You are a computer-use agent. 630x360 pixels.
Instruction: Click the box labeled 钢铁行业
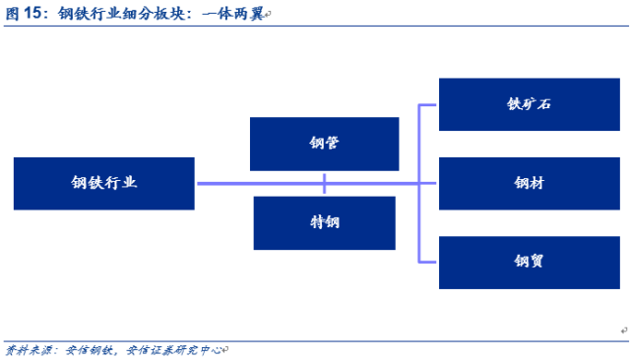(104, 183)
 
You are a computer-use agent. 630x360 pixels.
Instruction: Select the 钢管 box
(324, 144)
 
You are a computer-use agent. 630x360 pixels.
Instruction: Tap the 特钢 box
(324, 223)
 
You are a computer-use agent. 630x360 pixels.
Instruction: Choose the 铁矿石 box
(530, 104)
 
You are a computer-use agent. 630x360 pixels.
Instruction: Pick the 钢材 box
(530, 183)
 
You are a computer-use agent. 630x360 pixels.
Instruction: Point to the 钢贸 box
(530, 263)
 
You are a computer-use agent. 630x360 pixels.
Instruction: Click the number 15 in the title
(32, 13)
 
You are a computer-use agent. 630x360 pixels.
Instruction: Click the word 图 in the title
(12, 13)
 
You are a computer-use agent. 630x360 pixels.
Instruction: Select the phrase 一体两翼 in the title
(233, 14)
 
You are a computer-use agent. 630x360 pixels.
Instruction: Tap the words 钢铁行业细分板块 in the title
(121, 13)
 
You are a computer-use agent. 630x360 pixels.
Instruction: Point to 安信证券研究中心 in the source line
(174, 350)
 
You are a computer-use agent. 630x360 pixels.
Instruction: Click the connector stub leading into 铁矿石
(427, 105)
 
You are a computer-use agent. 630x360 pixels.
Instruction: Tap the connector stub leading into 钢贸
(427, 262)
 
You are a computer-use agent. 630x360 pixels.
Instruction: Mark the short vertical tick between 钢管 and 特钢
(324, 183)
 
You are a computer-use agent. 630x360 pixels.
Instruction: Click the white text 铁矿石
(529, 104)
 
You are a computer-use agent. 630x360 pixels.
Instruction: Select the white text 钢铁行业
(104, 183)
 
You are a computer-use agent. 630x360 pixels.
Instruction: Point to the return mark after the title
(268, 15)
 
